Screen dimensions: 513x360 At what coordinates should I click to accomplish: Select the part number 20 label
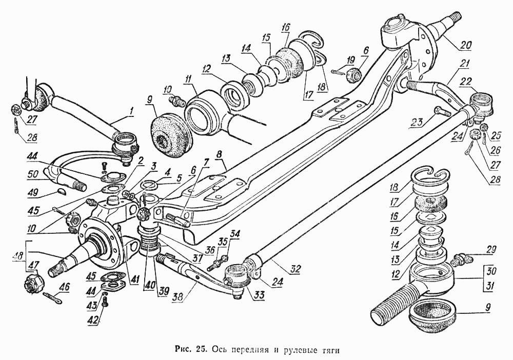(465, 45)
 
